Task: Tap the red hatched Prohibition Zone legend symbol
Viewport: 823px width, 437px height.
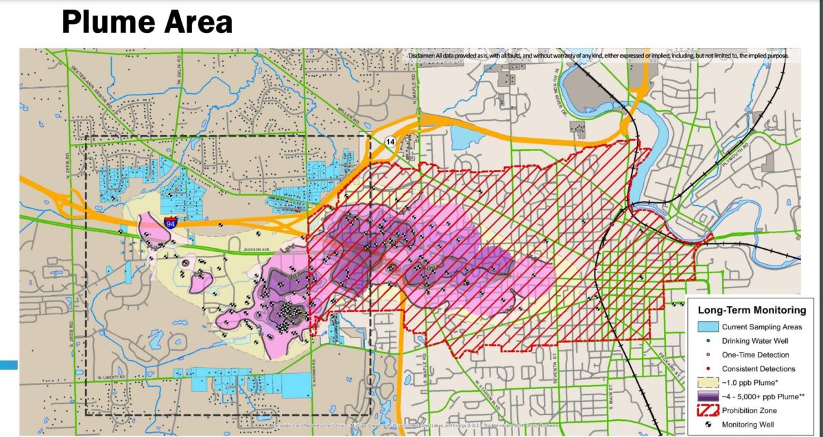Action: (709, 410)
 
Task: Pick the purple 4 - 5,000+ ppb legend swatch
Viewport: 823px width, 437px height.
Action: (709, 396)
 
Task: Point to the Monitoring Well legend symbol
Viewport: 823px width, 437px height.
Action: (709, 424)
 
